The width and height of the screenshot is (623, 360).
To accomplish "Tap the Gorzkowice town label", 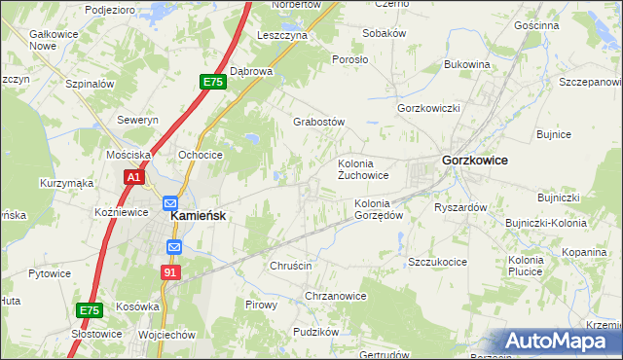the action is click(x=474, y=160).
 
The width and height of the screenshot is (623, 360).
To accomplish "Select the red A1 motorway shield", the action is click(x=134, y=178).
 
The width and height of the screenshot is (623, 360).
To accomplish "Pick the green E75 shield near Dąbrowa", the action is click(x=213, y=84).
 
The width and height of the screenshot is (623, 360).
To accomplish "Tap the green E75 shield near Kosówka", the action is click(x=89, y=310).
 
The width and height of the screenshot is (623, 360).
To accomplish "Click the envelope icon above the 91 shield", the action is click(x=173, y=248).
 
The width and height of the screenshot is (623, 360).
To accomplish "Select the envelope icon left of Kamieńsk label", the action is click(x=161, y=208).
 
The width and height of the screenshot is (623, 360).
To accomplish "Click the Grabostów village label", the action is click(x=319, y=123).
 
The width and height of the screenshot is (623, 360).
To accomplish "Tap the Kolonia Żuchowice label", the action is click(x=363, y=169).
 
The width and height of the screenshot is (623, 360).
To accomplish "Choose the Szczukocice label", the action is click(x=438, y=262).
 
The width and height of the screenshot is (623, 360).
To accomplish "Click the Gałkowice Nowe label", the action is click(x=27, y=39).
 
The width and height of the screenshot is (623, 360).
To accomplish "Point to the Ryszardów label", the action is click(x=460, y=207).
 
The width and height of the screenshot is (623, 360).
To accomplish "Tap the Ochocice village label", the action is click(x=201, y=155).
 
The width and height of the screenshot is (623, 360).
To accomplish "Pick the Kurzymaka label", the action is click(x=66, y=183).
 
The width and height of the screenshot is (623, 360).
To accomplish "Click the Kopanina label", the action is click(x=584, y=252).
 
